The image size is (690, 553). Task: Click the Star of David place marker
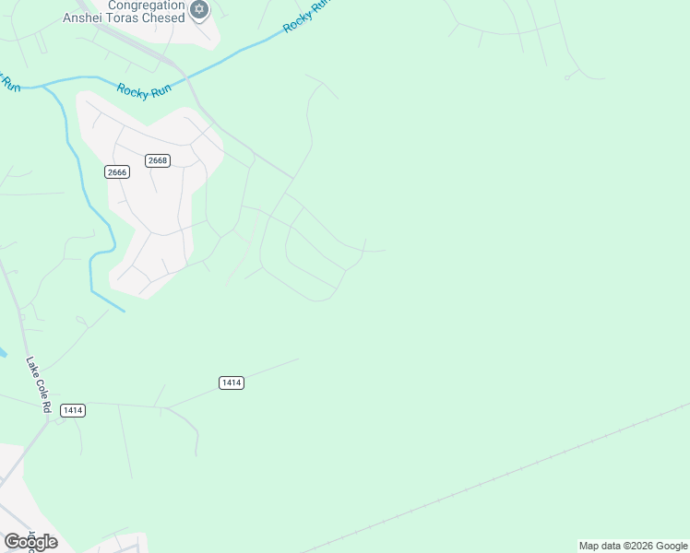click(199, 10)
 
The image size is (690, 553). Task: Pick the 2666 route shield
click(116, 172)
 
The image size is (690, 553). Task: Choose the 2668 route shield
click(158, 160)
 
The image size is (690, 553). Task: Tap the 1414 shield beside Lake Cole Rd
click(73, 410)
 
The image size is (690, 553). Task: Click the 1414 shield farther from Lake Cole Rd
click(232, 382)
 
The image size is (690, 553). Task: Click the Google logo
click(30, 541)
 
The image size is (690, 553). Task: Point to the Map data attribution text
click(634, 546)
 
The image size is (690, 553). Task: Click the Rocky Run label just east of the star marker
click(305, 18)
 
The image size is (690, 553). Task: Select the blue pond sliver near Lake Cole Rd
click(3, 352)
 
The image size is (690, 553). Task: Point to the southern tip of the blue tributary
click(123, 310)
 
